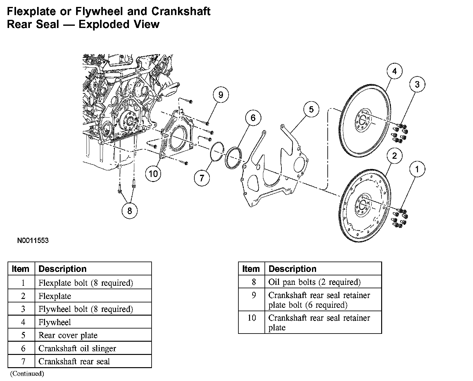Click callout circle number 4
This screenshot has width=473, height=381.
[394, 71]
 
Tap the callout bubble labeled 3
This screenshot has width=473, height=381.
[417, 84]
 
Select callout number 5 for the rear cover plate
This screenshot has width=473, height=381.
[311, 109]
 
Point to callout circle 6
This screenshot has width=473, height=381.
[253, 118]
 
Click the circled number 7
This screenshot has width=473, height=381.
[202, 178]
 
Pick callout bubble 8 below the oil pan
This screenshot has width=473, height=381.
[130, 210]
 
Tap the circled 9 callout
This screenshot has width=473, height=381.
[220, 95]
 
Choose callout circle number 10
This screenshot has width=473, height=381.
[153, 174]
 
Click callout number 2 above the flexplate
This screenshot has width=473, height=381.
[394, 156]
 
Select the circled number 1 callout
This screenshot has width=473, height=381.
[417, 169]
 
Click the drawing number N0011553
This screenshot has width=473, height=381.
[33, 241]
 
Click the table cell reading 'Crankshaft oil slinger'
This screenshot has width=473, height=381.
[77, 348]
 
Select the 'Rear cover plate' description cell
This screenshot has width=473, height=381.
[68, 335]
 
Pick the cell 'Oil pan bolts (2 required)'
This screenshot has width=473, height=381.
[314, 282]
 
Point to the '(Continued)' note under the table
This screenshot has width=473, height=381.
[27, 373]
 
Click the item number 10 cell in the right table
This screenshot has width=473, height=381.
[252, 318]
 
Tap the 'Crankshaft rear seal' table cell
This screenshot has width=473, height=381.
[74, 362]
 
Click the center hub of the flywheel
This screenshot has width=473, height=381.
[362, 120]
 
